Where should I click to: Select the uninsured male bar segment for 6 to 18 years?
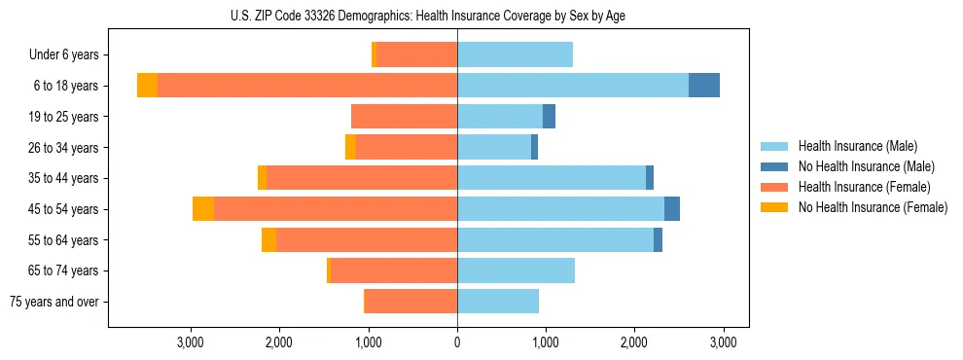[x=704, y=86]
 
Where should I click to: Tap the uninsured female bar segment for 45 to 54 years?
[x=202, y=209]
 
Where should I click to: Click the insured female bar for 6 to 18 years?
[x=307, y=86]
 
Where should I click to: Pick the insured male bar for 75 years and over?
[x=498, y=302]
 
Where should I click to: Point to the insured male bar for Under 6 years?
[x=515, y=54]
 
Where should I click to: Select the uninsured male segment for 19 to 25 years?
[x=549, y=117]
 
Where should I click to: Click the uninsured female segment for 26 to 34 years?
[x=350, y=147]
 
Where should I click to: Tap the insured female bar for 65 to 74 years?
[x=394, y=270]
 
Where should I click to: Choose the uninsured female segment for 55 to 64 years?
[x=268, y=239]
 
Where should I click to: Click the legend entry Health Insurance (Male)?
[x=857, y=146]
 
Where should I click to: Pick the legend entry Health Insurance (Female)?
[x=864, y=187]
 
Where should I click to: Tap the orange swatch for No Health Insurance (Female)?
[x=774, y=207]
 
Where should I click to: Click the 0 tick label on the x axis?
[x=457, y=343]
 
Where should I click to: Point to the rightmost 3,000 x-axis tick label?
[x=723, y=343]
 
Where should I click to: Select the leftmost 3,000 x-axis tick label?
[x=191, y=343]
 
